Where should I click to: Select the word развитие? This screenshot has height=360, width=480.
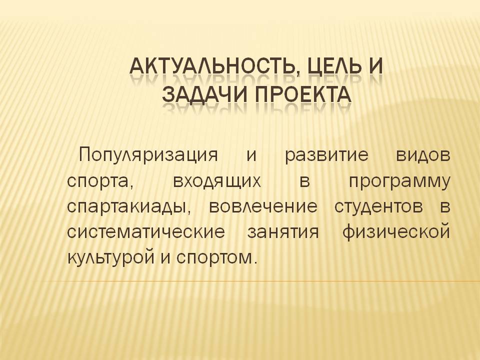pos(326,154)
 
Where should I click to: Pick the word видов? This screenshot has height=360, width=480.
pos(423,154)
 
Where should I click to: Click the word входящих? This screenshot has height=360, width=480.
pos(216,181)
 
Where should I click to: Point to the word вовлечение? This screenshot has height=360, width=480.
pos(263,206)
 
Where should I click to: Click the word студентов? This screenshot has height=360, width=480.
pos(378,207)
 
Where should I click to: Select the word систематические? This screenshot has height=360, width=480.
pos(145,231)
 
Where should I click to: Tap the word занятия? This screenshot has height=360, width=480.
pos(283,231)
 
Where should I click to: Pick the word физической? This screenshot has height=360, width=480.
pos(396,232)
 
